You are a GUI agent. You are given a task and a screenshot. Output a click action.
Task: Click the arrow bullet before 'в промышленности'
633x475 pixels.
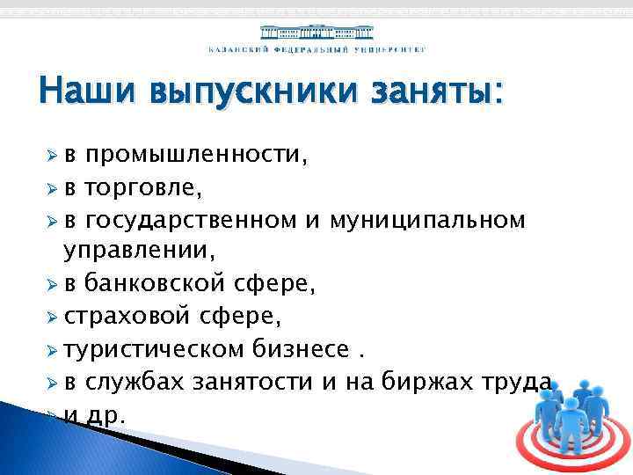click(x=51, y=157)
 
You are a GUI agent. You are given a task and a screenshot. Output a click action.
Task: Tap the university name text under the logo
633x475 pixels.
click(x=316, y=50)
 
